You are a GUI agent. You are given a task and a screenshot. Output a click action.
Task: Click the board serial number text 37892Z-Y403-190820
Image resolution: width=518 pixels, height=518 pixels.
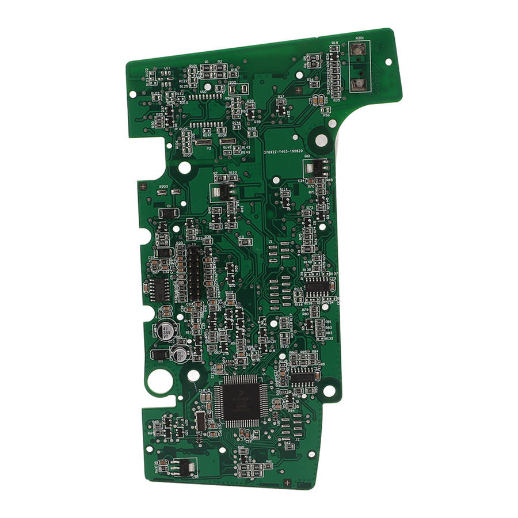287,152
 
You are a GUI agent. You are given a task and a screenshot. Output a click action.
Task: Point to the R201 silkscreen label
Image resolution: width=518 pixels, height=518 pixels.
360,38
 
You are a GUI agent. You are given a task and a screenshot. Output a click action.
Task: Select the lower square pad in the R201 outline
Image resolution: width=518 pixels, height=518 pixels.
359,85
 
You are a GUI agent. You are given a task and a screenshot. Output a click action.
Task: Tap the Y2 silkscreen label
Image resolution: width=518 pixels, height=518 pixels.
209,148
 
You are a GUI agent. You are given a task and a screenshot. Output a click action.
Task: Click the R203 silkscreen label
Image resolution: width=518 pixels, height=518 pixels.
163,187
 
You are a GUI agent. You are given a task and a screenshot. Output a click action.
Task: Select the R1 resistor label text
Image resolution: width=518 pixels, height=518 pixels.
207,61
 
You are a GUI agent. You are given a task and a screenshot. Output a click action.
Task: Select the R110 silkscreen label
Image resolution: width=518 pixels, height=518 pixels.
233,173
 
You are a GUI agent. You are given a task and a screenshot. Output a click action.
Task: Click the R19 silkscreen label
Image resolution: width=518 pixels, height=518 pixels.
334,43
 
